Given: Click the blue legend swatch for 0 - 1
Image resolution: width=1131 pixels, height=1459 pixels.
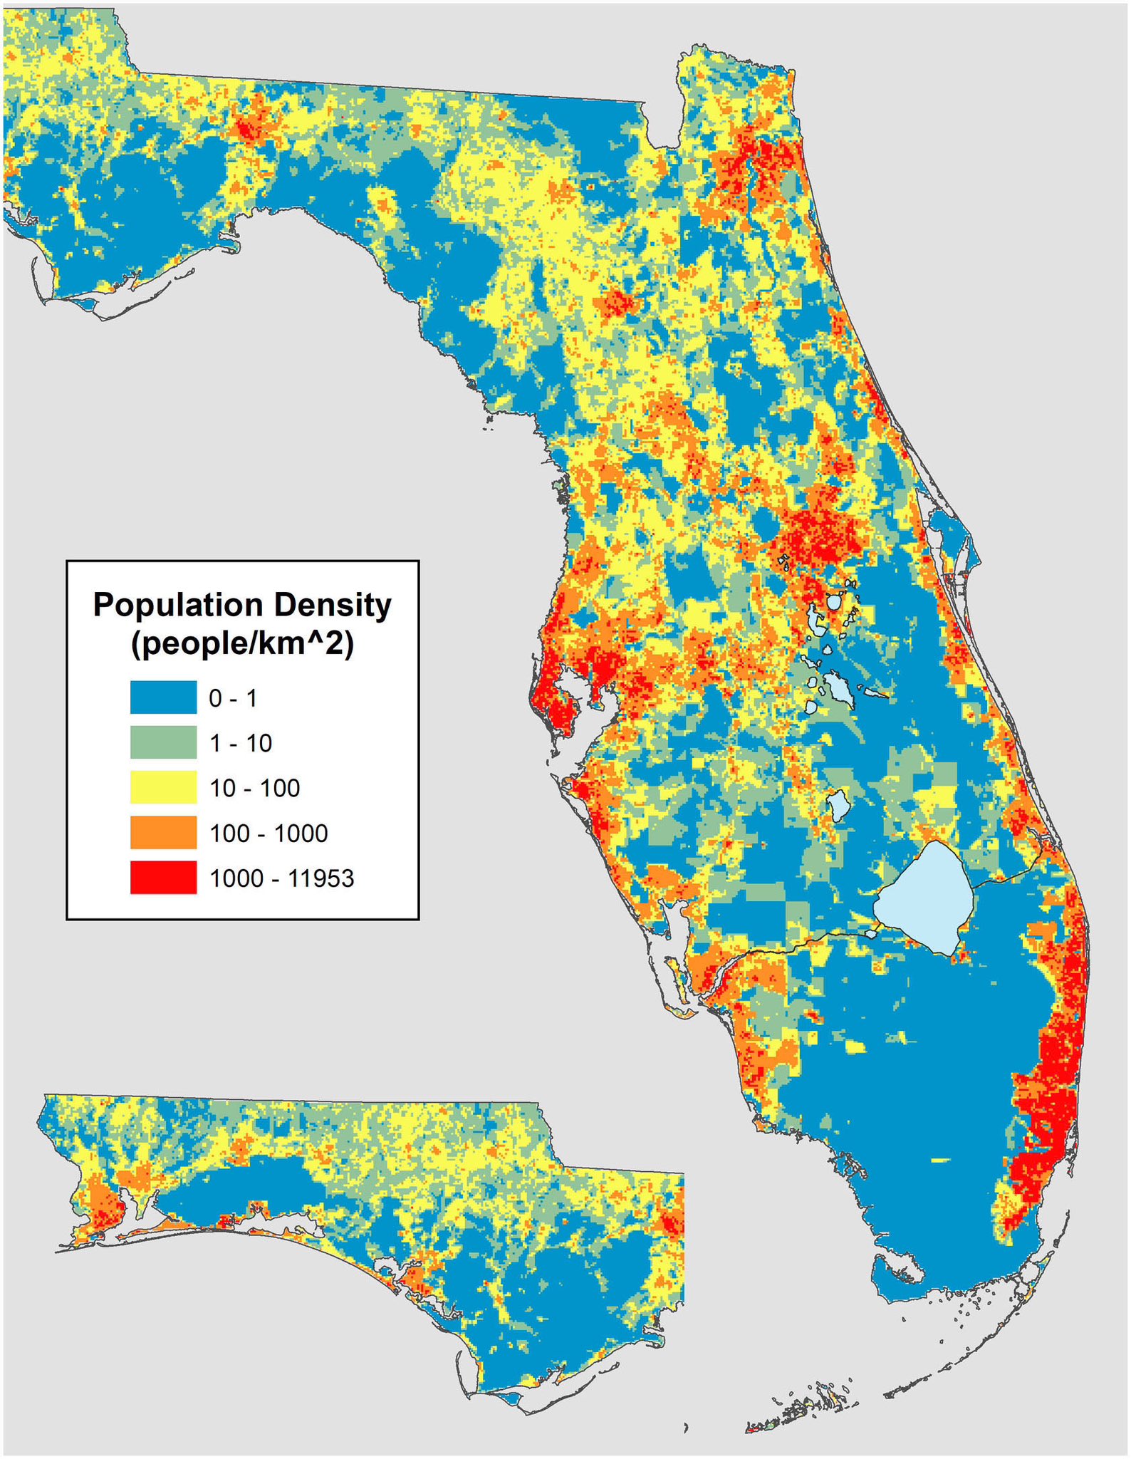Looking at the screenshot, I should (163, 697).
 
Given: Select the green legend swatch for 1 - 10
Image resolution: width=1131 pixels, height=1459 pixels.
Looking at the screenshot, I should (163, 742).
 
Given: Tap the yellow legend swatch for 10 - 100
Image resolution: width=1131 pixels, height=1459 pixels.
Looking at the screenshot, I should (163, 787).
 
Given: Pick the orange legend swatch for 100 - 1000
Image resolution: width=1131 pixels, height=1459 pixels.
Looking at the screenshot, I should (163, 832).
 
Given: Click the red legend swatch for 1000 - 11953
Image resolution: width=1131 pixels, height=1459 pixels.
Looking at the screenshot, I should (163, 877).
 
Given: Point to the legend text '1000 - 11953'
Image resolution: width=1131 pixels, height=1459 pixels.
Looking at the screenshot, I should (281, 878).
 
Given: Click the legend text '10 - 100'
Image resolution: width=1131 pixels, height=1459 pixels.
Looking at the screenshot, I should (254, 788).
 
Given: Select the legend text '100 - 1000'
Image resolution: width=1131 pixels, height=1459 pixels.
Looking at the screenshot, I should (269, 833).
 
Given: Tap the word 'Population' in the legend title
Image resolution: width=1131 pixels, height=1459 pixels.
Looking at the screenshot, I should (179, 605).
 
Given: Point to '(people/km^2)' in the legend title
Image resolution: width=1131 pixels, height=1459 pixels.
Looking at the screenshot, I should (242, 645).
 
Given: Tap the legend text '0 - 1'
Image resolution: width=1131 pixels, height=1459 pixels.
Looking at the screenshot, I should (233, 698).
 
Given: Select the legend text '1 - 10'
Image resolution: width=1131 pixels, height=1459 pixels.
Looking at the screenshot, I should (241, 743).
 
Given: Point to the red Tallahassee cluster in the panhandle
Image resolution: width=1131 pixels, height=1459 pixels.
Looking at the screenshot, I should (251, 129).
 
